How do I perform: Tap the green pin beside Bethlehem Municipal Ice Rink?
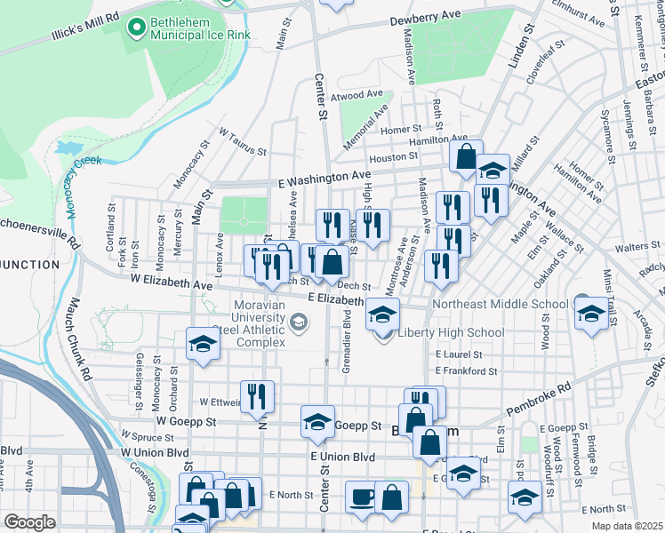pos(136,28)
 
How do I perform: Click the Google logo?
pos(29,521)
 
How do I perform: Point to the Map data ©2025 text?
pos(628,526)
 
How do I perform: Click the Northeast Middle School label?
pos(500,304)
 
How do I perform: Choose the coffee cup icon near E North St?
pos(361,497)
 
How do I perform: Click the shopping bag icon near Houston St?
pos(466,157)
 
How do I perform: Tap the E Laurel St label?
pos(459,354)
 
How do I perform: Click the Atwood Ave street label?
pos(356,94)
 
